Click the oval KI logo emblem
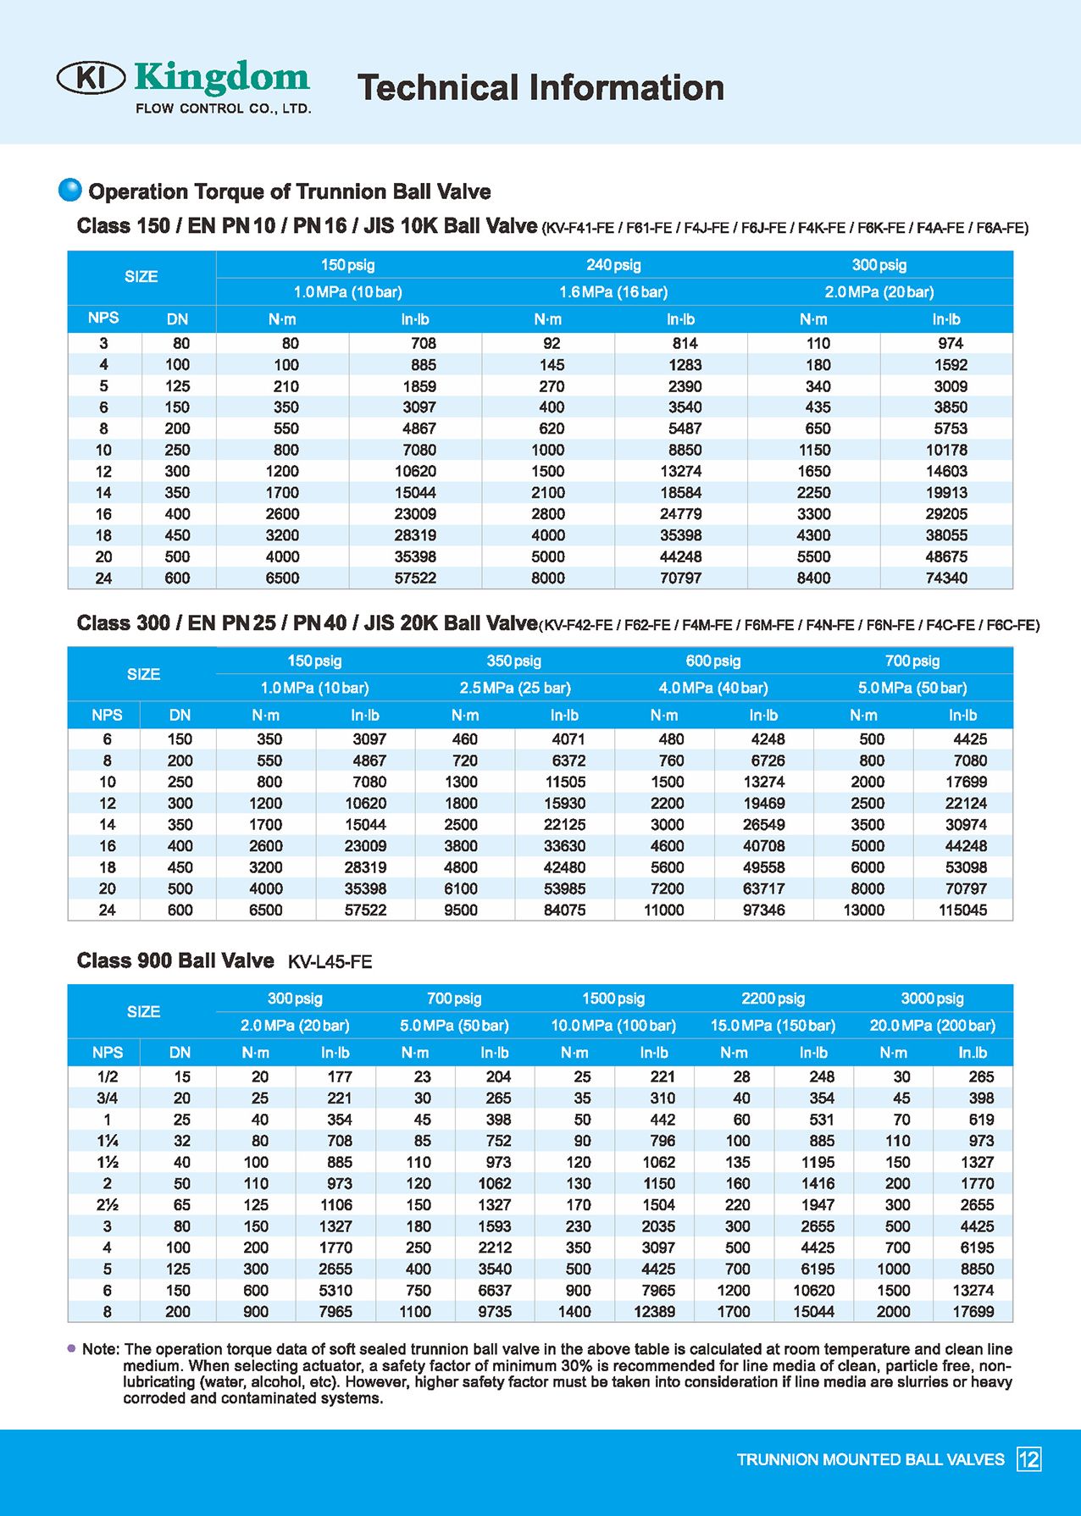tap(91, 77)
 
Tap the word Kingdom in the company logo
tap(222, 77)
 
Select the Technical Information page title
tap(540, 88)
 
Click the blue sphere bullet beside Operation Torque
tap(70, 191)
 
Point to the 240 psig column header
tap(613, 265)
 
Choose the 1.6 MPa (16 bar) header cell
tap(613, 292)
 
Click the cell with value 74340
tap(946, 578)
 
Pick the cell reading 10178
tap(946, 450)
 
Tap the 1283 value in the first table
tap(685, 365)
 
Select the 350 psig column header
tap(513, 661)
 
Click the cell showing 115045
tap(963, 910)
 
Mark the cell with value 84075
tap(564, 910)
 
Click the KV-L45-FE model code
tap(330, 962)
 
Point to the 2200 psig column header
tap(773, 999)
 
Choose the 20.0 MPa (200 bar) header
tap(932, 1026)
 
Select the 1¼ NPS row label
tap(108, 1141)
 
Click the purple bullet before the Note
tap(71, 1348)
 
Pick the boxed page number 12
tap(1028, 1459)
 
